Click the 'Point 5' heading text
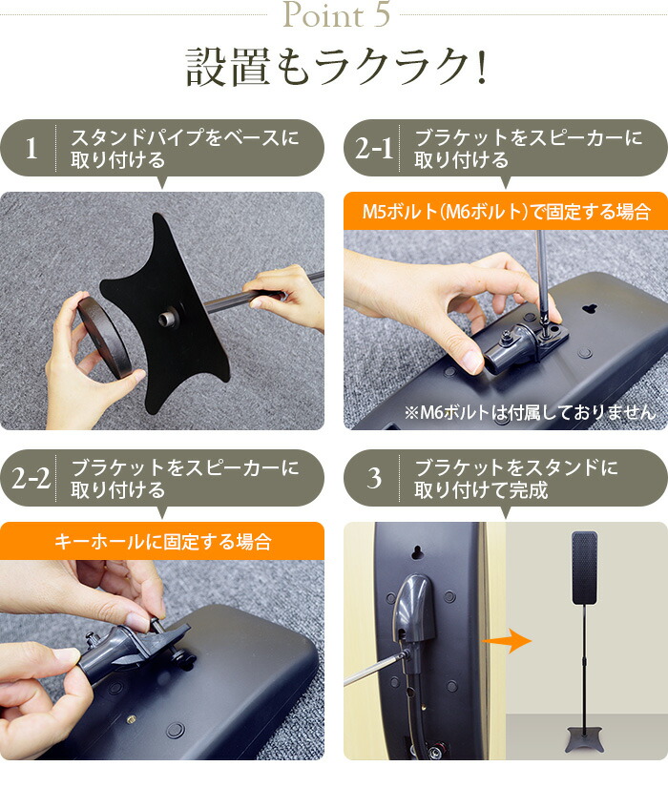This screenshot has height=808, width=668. (333, 16)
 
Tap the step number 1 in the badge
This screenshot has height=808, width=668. (31, 149)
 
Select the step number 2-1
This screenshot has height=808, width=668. (374, 149)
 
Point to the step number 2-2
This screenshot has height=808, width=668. (31, 478)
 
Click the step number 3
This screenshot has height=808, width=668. (374, 478)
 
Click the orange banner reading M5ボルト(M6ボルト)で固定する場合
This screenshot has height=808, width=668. (506, 211)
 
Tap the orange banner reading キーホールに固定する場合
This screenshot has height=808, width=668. (162, 541)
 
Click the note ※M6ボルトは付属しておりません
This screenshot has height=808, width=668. (530, 413)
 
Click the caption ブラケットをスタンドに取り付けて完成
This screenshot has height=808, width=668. (515, 478)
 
